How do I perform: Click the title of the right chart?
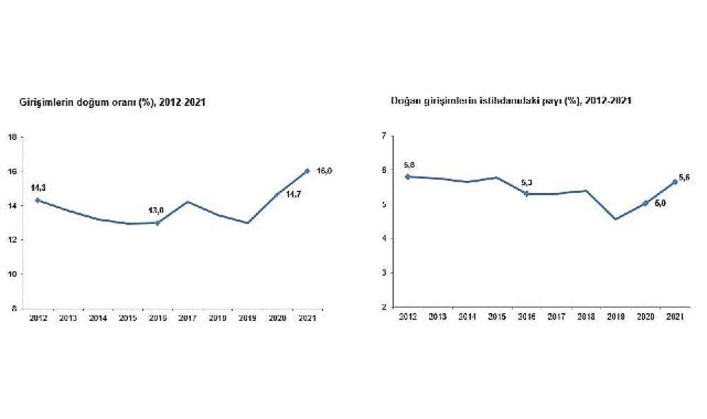[511, 101]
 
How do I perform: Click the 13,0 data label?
[156, 210]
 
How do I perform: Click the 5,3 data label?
[527, 183]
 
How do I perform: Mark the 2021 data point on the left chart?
[308, 170]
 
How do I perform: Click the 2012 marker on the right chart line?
[408, 177]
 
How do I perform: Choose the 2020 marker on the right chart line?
[645, 203]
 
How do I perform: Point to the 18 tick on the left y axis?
[13, 137]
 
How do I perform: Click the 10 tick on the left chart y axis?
[13, 274]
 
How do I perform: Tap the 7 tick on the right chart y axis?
[383, 136]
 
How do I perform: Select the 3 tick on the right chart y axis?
[383, 273]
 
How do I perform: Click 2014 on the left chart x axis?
[98, 319]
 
